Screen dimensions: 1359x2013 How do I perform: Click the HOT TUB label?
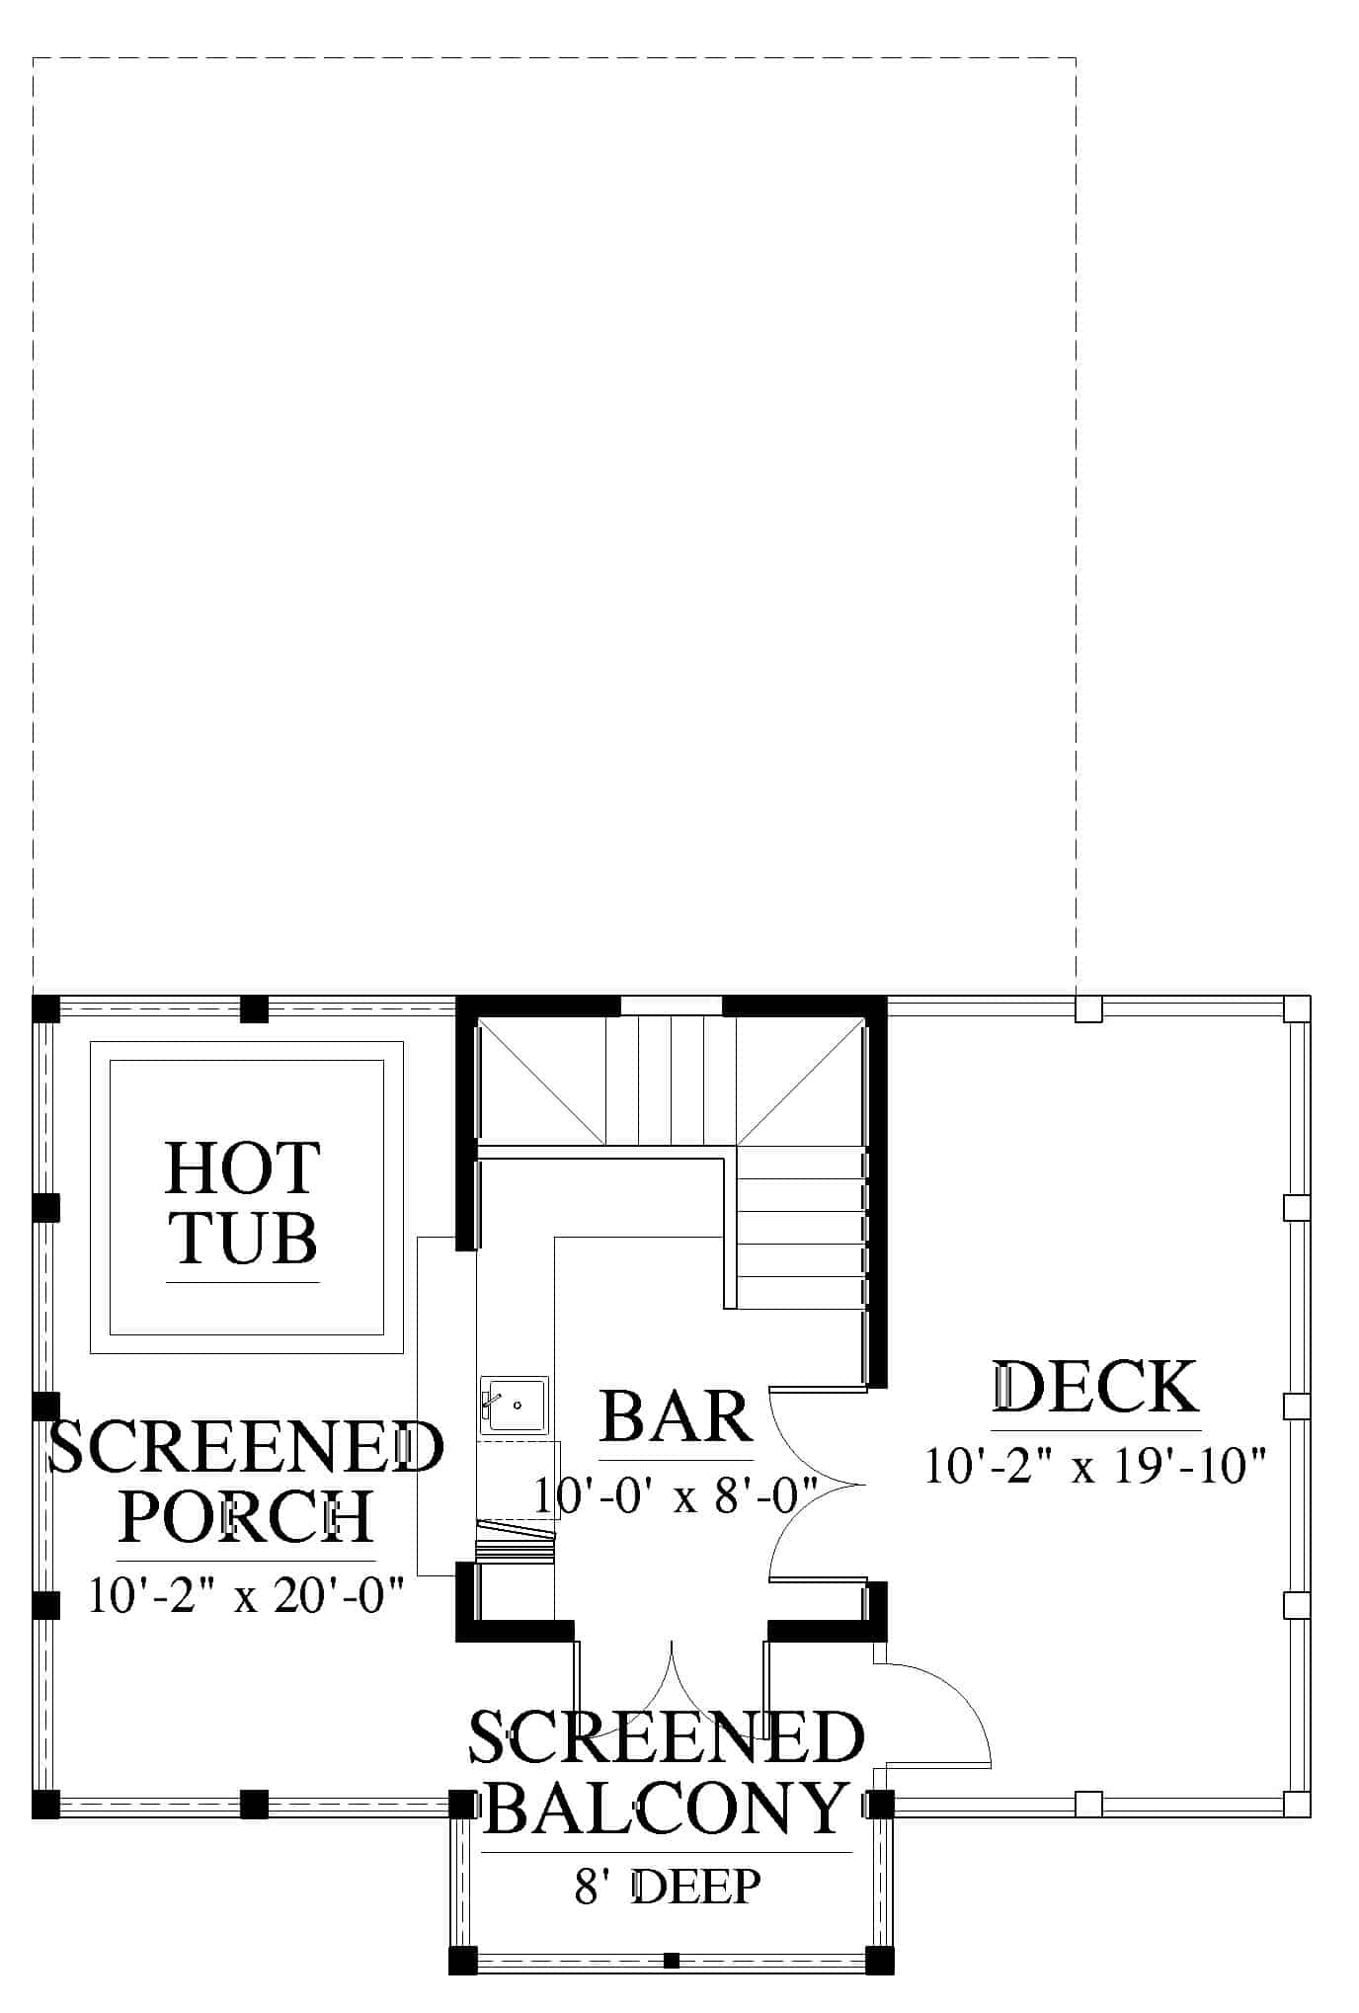(x=242, y=1202)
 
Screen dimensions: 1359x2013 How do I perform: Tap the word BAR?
(x=676, y=1417)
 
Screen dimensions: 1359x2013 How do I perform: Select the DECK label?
(x=1095, y=1386)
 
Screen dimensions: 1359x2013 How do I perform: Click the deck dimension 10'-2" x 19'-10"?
(x=1095, y=1466)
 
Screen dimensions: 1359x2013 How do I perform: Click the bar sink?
(x=514, y=1404)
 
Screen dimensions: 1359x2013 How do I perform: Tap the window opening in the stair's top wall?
(x=672, y=1006)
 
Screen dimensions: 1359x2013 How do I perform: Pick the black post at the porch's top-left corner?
(x=46, y=1009)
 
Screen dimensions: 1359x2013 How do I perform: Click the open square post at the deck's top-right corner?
(x=1297, y=1009)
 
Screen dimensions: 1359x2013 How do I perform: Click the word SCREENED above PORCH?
(x=246, y=1447)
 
